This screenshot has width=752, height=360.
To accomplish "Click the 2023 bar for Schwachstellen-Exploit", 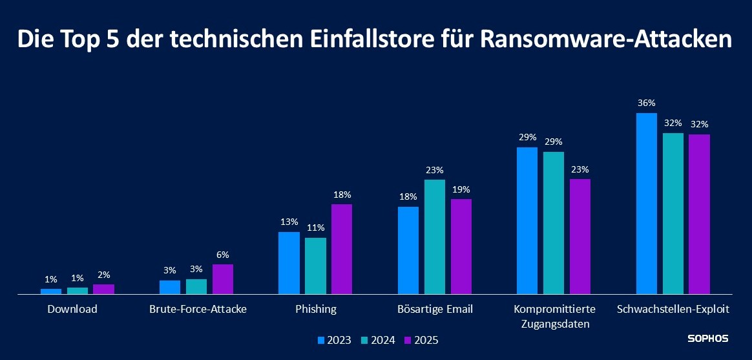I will (646, 204).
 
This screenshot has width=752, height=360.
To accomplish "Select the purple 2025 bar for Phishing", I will (342, 249).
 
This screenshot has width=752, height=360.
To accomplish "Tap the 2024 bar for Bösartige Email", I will (435, 237).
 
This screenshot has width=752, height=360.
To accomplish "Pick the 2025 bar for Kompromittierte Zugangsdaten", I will (580, 237).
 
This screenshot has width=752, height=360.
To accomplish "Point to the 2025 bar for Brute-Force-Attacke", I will (222, 279).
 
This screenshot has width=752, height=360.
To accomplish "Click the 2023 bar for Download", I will (51, 291).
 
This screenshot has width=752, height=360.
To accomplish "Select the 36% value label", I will (647, 103).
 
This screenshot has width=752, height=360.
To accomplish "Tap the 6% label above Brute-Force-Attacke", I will (223, 255).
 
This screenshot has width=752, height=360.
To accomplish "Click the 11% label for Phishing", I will (315, 228).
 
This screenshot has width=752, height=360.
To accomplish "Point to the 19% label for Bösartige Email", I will (461, 189).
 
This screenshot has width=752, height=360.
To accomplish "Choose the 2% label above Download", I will (103, 275).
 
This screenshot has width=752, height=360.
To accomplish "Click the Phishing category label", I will (316, 309).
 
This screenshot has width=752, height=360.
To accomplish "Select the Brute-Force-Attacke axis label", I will (198, 309).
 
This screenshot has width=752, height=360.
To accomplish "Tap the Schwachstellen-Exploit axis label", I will (673, 309).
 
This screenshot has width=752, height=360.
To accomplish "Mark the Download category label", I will (72, 309).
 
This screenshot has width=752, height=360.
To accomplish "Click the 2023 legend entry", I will (335, 340).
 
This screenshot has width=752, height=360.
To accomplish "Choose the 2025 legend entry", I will (421, 340).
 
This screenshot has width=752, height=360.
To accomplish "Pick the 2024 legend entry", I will (378, 340).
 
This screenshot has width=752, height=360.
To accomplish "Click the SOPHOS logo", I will (707, 339).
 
